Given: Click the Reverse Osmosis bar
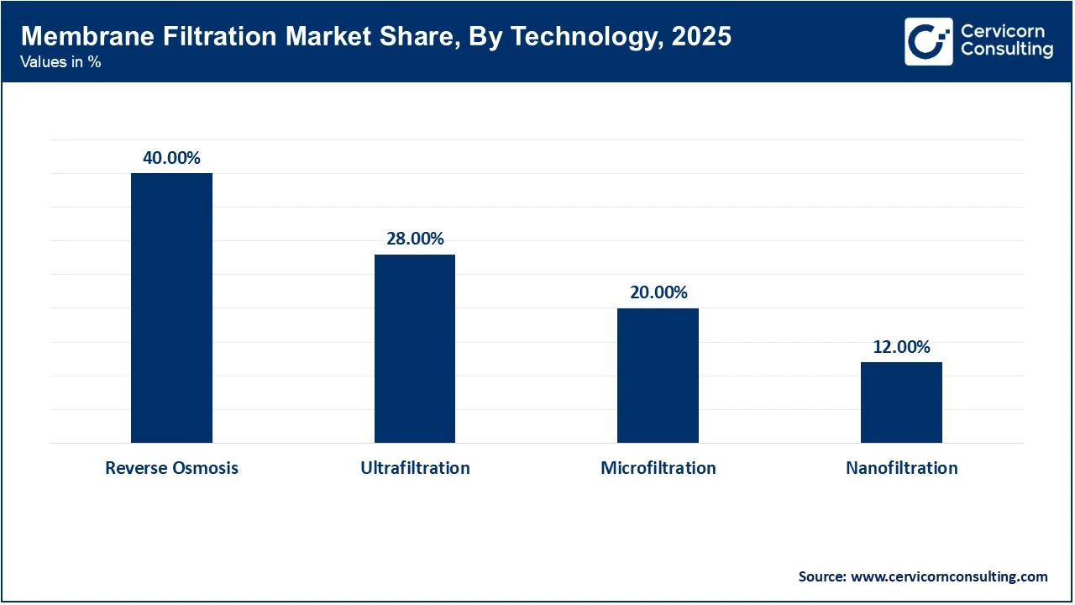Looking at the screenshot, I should coord(171,308).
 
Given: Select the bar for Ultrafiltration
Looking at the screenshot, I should coord(415,348).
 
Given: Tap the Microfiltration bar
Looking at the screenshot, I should coord(658,375).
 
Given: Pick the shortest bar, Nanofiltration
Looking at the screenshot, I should coord(901,402).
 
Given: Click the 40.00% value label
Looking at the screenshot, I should coord(171,158).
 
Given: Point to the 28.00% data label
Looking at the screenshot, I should coord(415,239).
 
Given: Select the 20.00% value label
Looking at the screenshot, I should coord(658,292).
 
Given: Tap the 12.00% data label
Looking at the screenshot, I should coord(901,347).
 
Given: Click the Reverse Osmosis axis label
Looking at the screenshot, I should coord(171,468).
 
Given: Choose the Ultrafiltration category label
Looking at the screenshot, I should coord(415,468).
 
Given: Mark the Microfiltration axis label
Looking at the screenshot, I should coord(658,468).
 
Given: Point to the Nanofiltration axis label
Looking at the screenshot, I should coord(901,468).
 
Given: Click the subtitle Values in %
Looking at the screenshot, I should coord(60,62).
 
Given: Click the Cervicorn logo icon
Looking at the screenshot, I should coord(928,41).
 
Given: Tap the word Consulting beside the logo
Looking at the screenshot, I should coord(1006,50).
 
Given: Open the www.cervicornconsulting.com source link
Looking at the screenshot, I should coord(950,576).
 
